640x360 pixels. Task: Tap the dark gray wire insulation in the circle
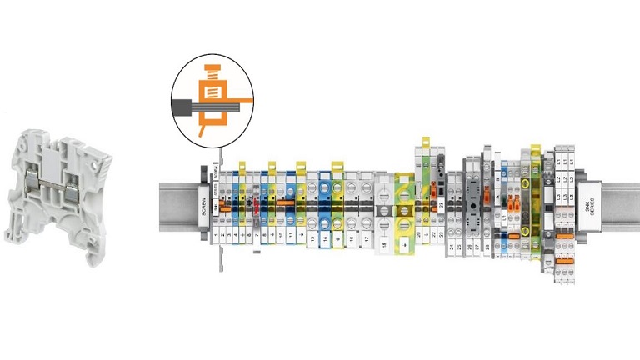click(x=183, y=107)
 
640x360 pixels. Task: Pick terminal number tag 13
click(x=312, y=238)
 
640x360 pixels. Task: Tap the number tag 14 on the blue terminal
click(x=324, y=238)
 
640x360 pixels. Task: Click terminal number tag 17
click(x=366, y=238)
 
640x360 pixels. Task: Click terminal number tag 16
click(x=352, y=238)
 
